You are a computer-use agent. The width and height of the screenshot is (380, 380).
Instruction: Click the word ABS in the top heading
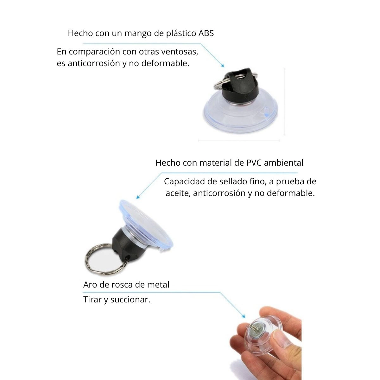point(206,33)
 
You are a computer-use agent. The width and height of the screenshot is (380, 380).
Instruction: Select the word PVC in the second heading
point(254,163)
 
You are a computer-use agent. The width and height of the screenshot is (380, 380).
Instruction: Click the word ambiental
point(283,163)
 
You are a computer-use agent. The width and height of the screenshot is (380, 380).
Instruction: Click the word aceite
point(178,193)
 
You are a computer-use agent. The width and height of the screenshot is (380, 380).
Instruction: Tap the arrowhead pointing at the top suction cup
point(223,66)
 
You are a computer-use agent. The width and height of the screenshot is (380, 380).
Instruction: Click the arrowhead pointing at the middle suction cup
point(138,197)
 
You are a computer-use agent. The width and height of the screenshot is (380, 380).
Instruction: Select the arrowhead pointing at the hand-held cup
point(244,316)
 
